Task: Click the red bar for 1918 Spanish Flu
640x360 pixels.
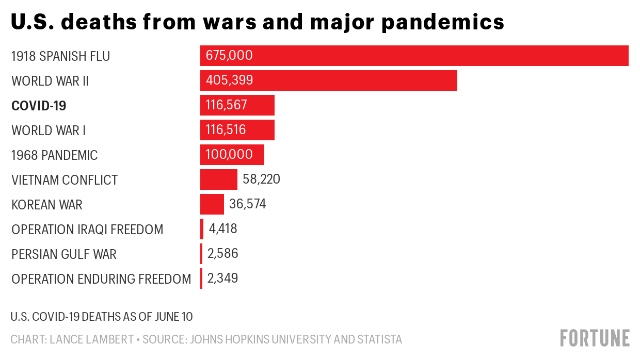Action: point(414,56)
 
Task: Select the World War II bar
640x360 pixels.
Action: point(328,80)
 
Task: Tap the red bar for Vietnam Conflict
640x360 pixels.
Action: point(218,179)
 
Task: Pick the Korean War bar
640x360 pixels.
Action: point(212,204)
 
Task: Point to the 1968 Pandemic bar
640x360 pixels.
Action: point(232,155)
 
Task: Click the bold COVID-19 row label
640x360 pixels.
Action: point(39,106)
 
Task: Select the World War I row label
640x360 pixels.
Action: point(49,130)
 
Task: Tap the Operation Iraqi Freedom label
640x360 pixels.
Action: point(87,230)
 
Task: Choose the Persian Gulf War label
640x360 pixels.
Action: point(64,254)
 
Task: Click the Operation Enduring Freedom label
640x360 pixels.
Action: point(101,279)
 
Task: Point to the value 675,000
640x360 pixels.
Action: point(229,56)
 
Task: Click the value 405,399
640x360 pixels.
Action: point(229,80)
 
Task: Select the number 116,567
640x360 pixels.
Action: point(226,105)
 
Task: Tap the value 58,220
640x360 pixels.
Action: point(261,179)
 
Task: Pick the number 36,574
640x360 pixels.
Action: point(247,204)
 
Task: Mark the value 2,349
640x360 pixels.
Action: point(222,279)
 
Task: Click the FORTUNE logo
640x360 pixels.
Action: point(595,338)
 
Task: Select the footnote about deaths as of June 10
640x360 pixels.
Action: point(102,316)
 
